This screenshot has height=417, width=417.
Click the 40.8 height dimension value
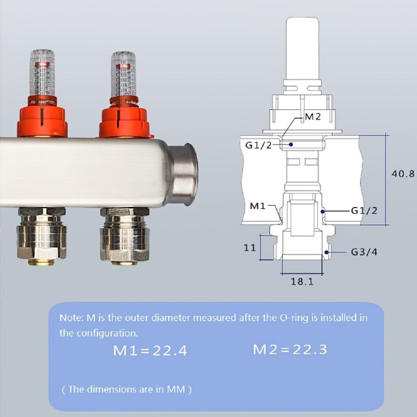click(403, 174)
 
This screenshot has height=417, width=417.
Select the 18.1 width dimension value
click(302, 281)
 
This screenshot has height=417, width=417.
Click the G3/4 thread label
click(364, 252)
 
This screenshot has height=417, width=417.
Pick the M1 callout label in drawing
click(258, 206)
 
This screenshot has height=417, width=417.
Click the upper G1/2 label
click(258, 145)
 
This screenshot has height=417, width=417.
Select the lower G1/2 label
click(364, 211)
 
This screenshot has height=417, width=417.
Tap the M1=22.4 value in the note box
click(150, 350)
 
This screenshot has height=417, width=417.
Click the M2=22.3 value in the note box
click(290, 350)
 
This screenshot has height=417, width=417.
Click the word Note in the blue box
click(68, 318)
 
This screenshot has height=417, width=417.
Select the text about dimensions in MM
click(126, 389)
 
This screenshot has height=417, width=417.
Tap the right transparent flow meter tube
click(123, 75)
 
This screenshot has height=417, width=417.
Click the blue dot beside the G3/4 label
click(327, 252)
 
